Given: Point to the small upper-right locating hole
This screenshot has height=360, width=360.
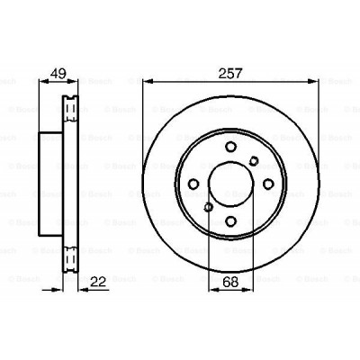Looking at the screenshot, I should (x=256, y=161).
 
